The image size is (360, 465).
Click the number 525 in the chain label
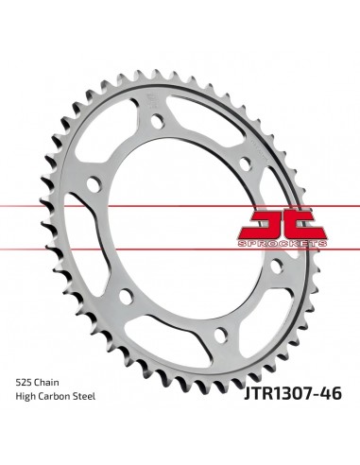tap(24, 383)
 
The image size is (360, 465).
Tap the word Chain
tap(46, 383)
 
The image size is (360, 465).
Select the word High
tap(26, 397)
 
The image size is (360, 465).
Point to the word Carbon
tap(54, 396)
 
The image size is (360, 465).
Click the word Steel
tap(84, 396)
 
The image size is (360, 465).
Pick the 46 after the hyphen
tap(333, 393)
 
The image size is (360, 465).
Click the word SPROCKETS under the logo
tap(283, 243)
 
